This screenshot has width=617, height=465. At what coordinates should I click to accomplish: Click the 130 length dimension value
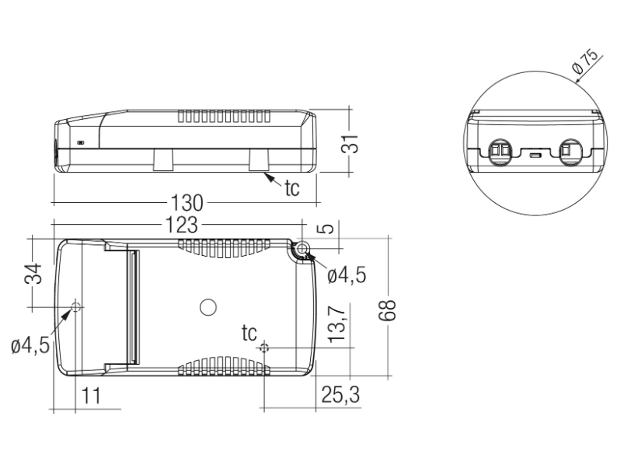coord(187,204)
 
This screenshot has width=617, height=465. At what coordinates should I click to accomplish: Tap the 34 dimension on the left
coord(32,274)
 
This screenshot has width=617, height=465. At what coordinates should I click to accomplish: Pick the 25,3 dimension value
coord(340,395)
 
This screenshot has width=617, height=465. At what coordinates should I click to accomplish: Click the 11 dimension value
coord(90,395)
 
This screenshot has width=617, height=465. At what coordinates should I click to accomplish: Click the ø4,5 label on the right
coord(347,274)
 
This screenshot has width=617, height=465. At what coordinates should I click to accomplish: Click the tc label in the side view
coord(291,189)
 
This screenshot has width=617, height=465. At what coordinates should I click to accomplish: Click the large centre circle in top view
coord(207,307)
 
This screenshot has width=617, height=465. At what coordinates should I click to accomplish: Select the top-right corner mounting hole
coord(301,249)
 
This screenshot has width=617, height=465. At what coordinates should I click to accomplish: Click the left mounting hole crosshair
coord(76,307)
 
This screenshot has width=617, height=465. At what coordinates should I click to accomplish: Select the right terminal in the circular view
coord(570,149)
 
